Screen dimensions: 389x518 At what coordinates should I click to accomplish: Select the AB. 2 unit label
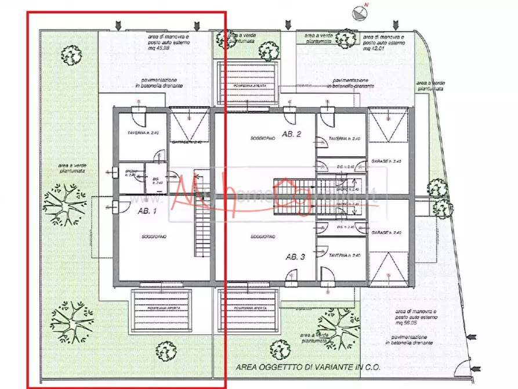[x=292, y=134]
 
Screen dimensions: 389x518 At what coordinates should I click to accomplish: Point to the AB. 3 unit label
[x=295, y=257]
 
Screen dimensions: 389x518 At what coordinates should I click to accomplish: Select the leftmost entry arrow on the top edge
[x=118, y=25]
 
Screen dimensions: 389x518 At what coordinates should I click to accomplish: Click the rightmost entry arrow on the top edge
[x=396, y=25]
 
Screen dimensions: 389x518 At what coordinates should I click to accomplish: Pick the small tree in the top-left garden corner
[x=71, y=56]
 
